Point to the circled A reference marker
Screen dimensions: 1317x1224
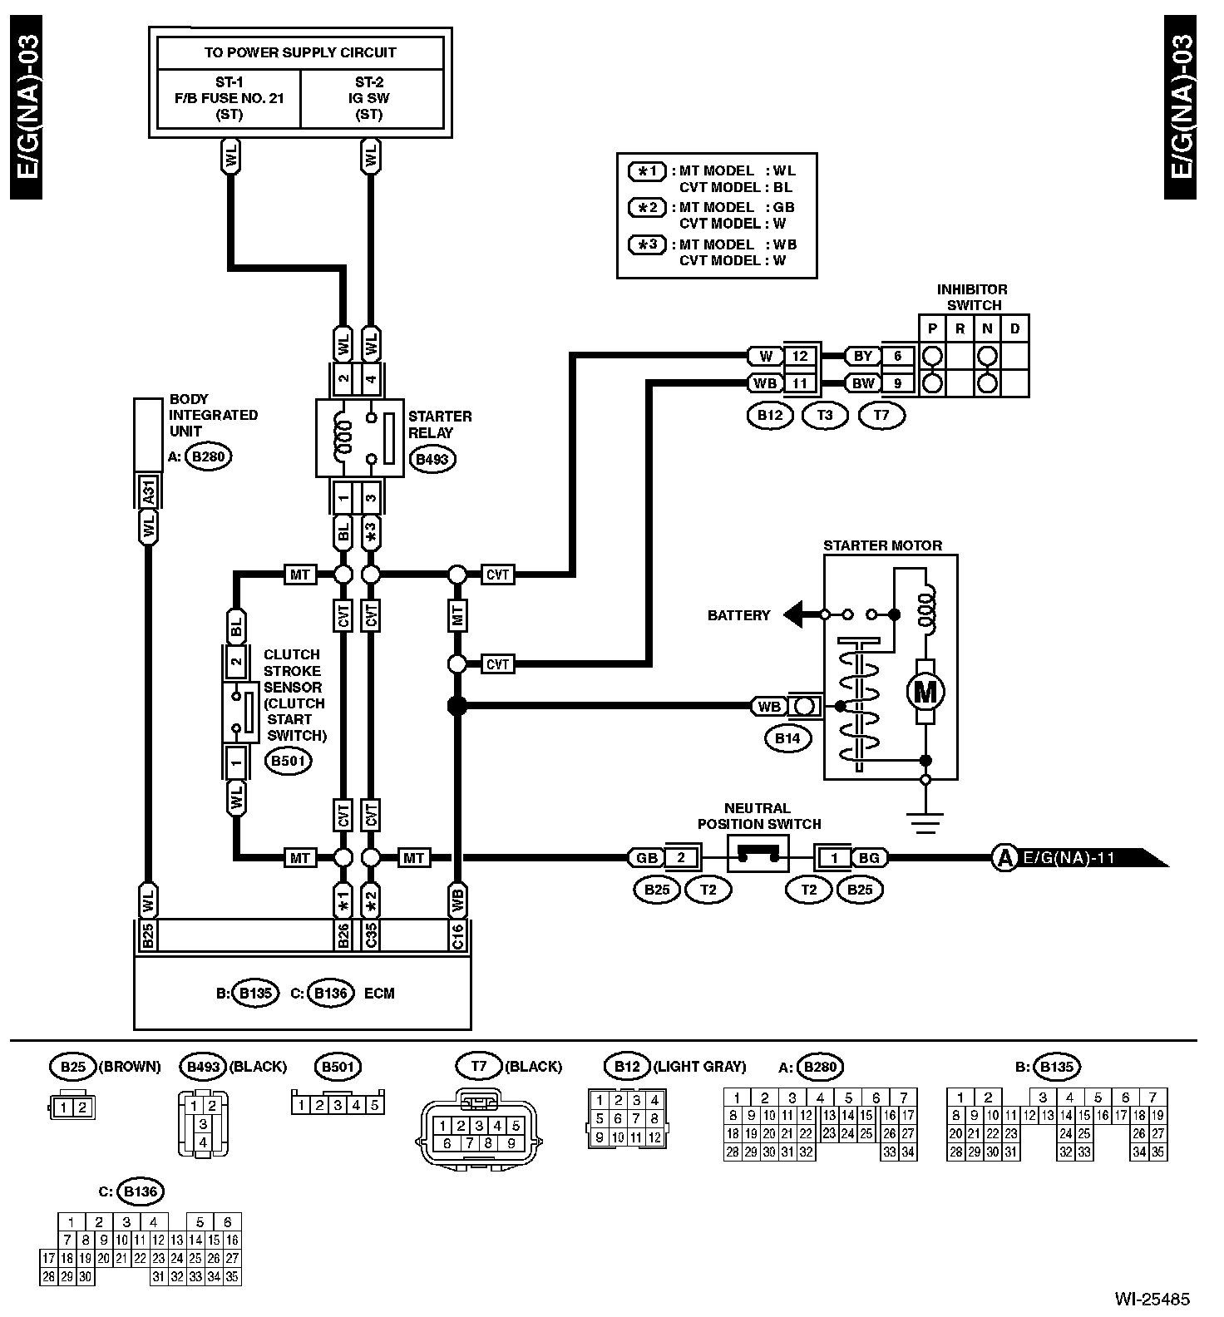coord(1004,857)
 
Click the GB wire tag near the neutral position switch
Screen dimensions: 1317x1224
coord(646,857)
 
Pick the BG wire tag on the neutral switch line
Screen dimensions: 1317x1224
coord(867,857)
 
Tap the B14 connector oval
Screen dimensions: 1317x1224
coord(787,738)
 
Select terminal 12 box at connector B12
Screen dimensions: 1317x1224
coord(799,356)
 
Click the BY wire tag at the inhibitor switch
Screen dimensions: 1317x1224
coord(863,356)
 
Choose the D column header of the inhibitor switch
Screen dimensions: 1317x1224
coord(1015,328)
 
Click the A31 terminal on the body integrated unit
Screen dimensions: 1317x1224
coord(149,493)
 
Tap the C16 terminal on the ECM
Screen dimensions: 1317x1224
coord(457,935)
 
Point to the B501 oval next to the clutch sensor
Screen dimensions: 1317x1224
coord(288,760)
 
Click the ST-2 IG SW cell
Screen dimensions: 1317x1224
coord(371,98)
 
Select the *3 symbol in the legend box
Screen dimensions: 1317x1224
coord(647,244)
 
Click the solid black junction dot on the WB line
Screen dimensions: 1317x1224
coord(457,706)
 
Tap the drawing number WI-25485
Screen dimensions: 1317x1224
coord(1152,1298)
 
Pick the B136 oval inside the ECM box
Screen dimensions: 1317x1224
coord(330,993)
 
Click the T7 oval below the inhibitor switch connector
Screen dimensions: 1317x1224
coord(881,415)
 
